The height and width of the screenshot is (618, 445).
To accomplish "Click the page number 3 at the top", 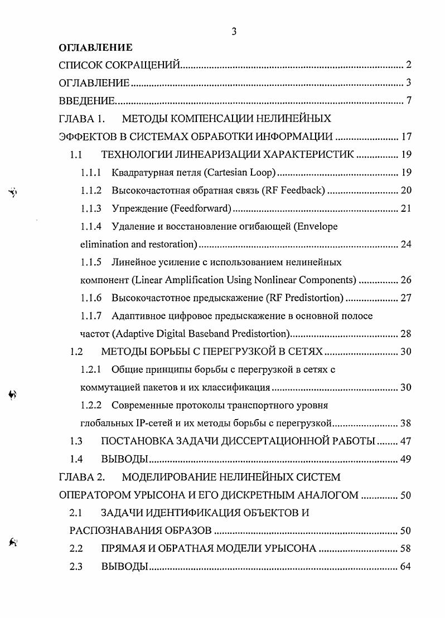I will [234, 32].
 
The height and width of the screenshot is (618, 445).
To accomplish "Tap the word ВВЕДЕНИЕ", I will [87, 101].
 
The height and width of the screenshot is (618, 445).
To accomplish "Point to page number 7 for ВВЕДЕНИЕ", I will [408, 101].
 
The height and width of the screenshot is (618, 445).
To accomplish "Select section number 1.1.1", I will [91, 172].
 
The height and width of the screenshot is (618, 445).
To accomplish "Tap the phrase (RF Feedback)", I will [294, 191].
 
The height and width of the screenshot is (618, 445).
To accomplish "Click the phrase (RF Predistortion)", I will [306, 298].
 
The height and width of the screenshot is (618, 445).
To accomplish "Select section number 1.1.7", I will [91, 316].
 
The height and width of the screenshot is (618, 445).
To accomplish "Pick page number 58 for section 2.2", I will [405, 549].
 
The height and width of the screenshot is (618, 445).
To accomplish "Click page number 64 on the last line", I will [405, 567].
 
